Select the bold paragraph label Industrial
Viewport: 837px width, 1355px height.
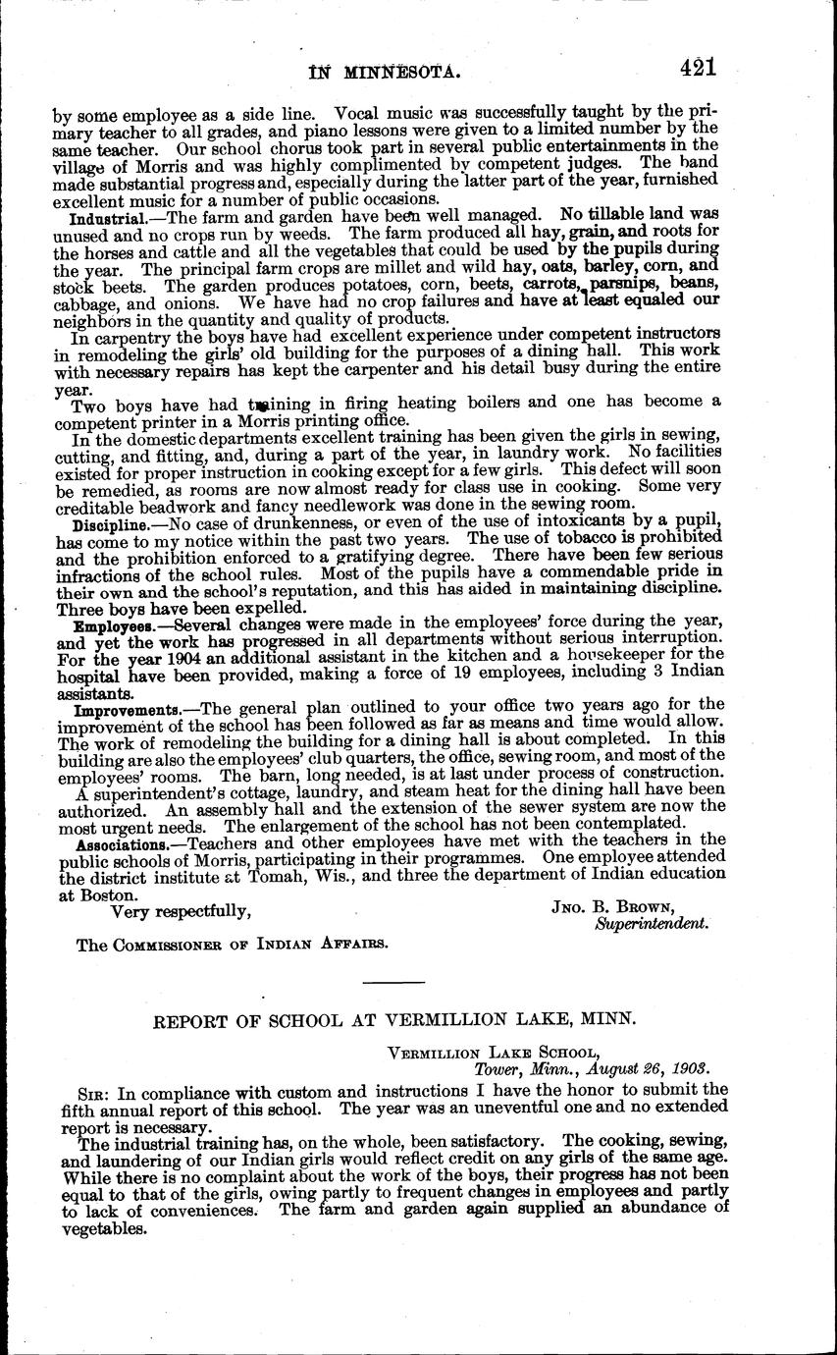tap(109, 215)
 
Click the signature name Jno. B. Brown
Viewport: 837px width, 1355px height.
tap(613, 906)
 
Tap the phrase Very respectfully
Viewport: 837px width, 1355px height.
tap(181, 911)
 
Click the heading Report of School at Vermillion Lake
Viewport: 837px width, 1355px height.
tap(395, 1019)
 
